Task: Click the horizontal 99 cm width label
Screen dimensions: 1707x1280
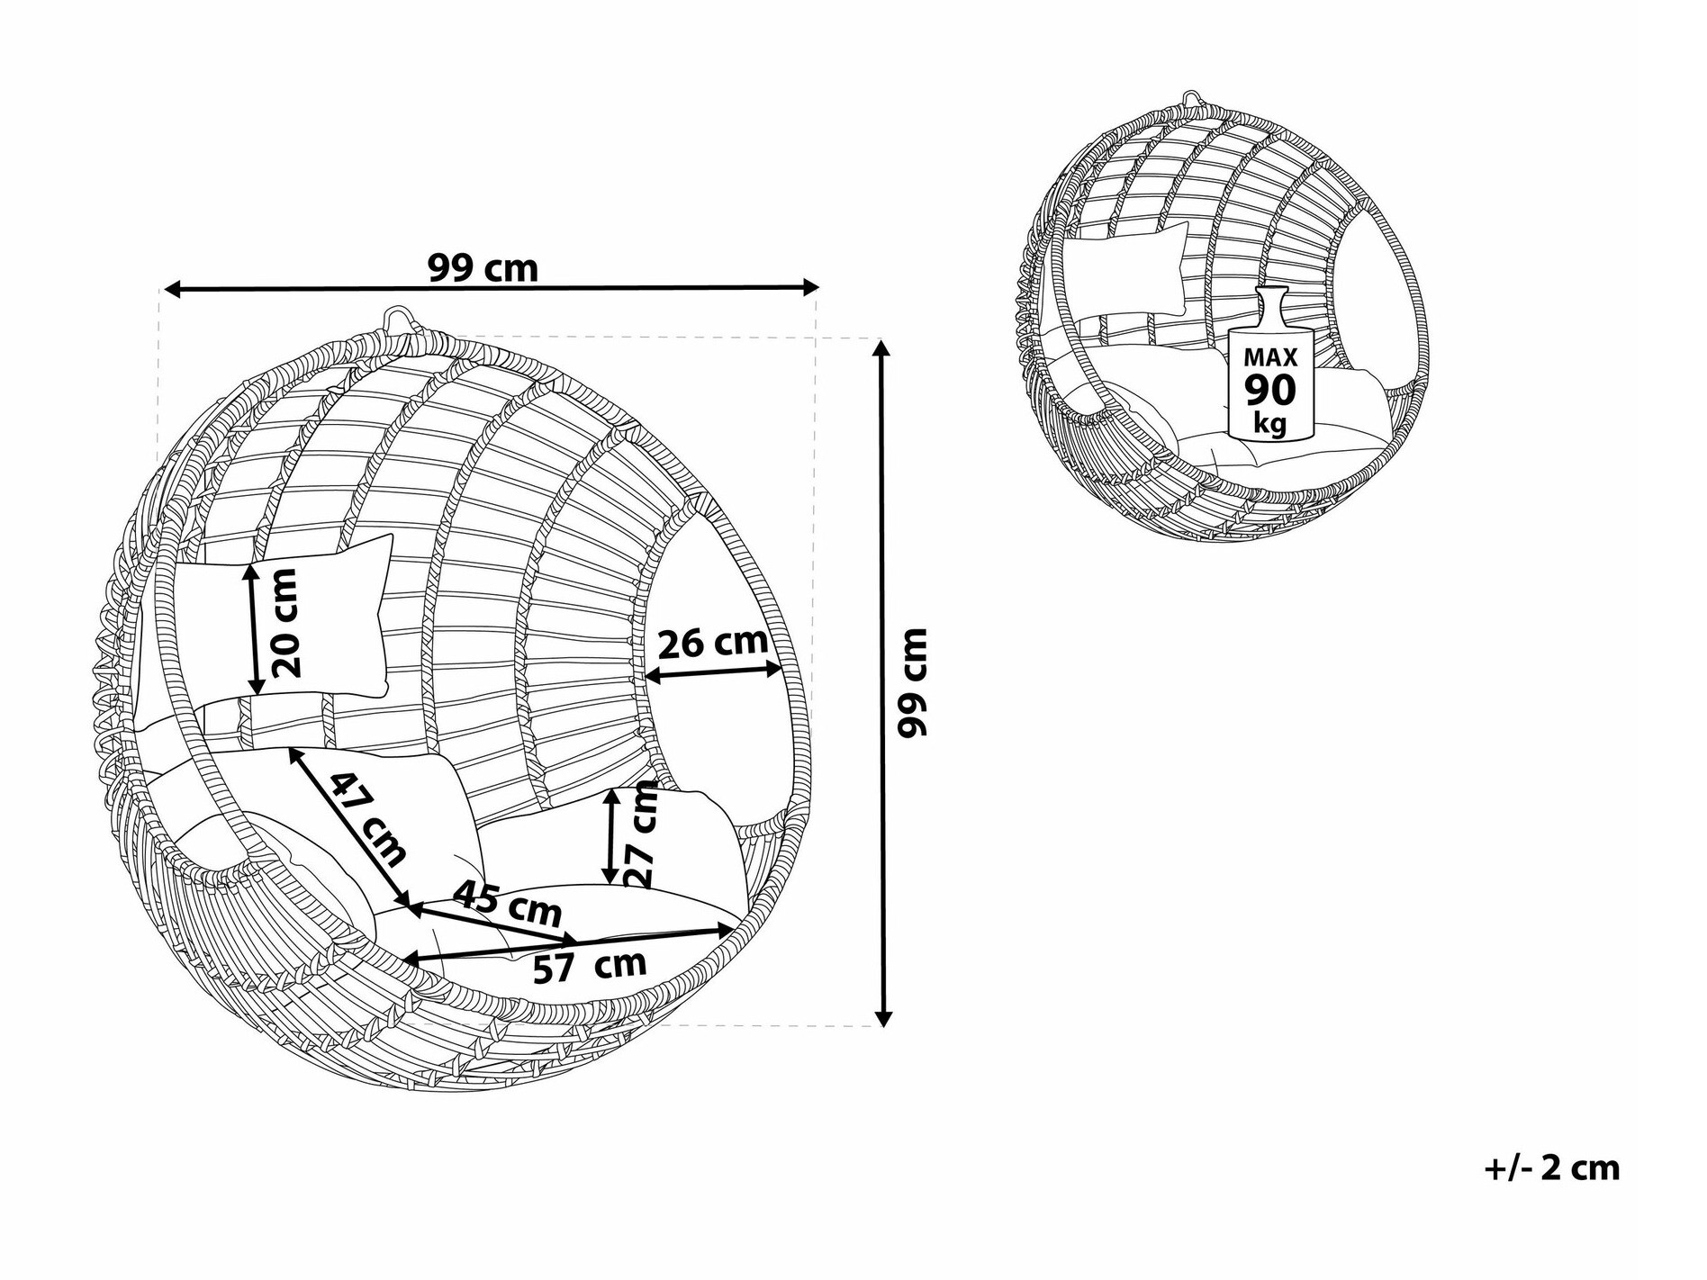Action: pos(483,267)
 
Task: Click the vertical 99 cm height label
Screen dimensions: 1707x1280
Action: pos(912,682)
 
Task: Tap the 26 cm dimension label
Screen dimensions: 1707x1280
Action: pos(713,643)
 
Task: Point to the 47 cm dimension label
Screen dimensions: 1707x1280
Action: pos(366,819)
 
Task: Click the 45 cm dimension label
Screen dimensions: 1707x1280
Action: pos(507,904)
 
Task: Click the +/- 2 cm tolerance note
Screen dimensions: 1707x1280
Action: pos(1551,1167)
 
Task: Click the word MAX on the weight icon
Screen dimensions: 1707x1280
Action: pos(1270,357)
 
